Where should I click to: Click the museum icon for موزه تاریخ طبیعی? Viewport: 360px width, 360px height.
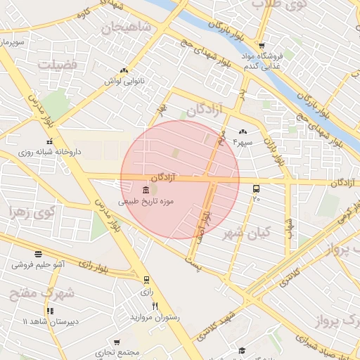tap(145, 191)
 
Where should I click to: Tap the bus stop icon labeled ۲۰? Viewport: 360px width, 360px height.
tap(256, 188)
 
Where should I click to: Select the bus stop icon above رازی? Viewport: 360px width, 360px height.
tap(146, 280)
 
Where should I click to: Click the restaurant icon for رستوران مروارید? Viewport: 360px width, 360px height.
tap(155, 306)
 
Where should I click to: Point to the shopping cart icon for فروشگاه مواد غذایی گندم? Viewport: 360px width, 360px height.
tap(261, 46)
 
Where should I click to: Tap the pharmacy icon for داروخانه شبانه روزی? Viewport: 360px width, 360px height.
tap(49, 141)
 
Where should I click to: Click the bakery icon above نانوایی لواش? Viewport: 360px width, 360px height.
tap(124, 70)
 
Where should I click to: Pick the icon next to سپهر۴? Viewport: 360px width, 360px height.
tap(243, 131)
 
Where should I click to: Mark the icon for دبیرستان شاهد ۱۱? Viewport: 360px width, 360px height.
tap(49, 310)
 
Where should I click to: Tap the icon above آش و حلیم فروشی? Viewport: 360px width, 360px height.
tap(38, 255)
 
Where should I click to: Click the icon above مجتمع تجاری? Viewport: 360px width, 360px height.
tap(118, 340)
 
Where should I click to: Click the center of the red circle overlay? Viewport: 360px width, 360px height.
tap(179, 179)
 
